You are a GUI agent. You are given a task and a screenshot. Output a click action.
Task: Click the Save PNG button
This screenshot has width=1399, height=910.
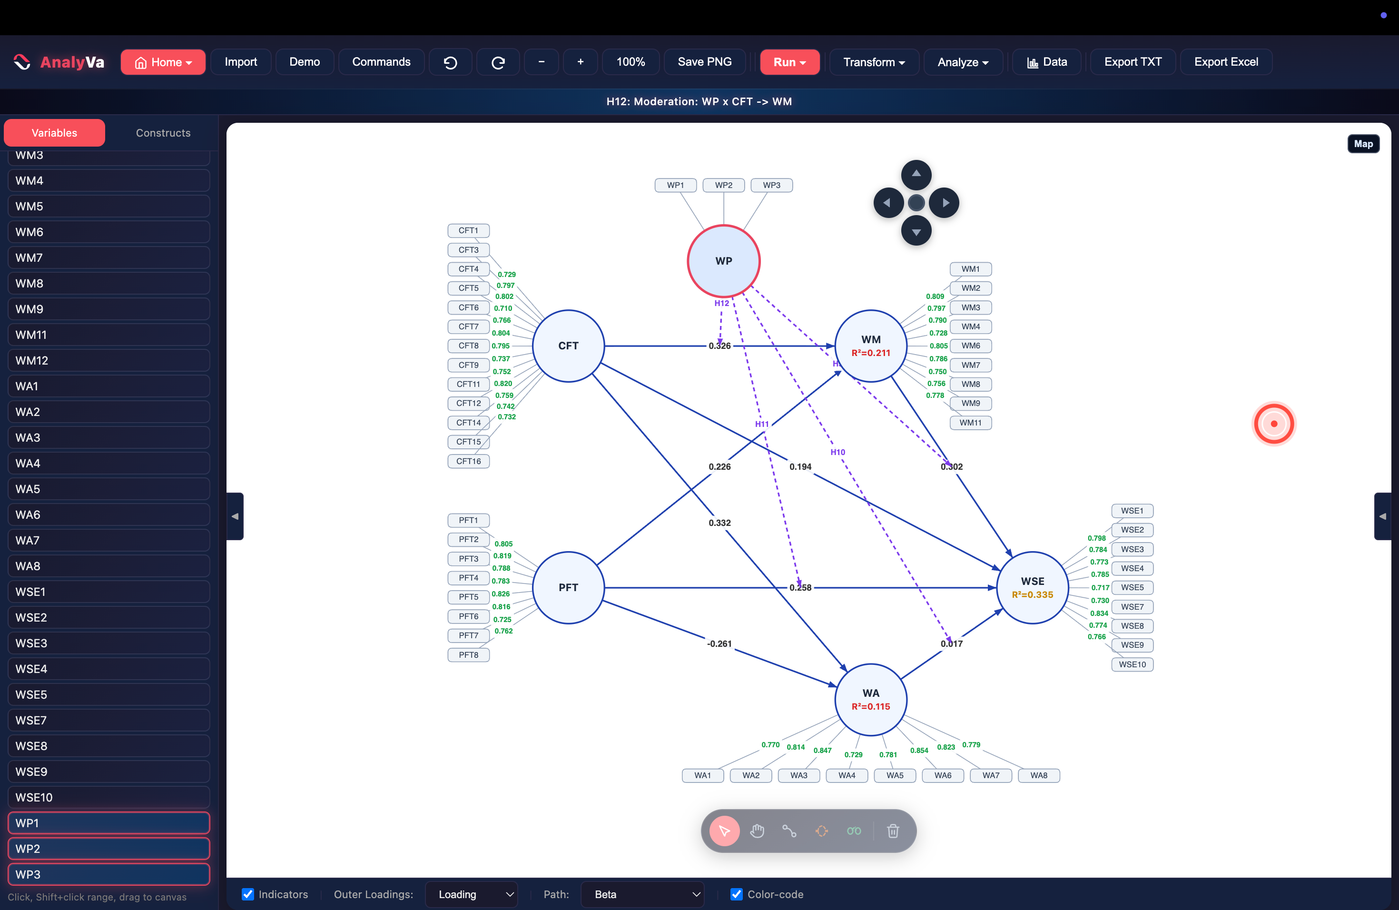click(x=704, y=62)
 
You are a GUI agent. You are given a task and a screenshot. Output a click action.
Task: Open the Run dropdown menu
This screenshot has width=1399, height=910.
click(x=789, y=62)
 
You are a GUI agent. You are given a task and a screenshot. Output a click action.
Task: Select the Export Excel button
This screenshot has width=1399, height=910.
click(x=1226, y=62)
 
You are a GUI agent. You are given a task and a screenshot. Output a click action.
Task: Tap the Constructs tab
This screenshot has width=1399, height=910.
click(x=163, y=133)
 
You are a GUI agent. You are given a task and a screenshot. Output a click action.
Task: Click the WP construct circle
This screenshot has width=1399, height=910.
click(x=724, y=261)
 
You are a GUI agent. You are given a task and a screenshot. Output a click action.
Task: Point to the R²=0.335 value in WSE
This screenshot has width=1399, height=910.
click(x=1032, y=594)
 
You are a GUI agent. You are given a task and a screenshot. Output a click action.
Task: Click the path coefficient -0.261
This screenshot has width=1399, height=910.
click(x=719, y=643)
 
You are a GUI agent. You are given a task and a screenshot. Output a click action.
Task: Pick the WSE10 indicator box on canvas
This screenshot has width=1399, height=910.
click(x=1132, y=664)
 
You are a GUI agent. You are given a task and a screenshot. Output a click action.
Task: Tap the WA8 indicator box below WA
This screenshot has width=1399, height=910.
click(x=1039, y=775)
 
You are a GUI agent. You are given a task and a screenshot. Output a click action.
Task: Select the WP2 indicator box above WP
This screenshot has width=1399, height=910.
click(x=724, y=185)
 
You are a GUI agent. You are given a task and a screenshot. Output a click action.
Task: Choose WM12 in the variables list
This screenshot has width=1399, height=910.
click(x=109, y=360)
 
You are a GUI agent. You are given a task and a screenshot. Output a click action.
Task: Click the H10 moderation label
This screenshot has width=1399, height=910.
click(x=837, y=452)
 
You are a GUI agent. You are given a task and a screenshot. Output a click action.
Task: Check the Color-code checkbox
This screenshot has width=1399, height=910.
click(x=737, y=894)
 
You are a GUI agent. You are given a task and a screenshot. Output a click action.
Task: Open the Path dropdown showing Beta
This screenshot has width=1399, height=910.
click(x=642, y=894)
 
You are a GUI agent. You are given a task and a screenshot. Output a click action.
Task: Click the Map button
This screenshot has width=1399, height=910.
click(x=1363, y=144)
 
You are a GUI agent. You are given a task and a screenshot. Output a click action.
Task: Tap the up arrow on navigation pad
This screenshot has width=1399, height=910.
click(x=916, y=175)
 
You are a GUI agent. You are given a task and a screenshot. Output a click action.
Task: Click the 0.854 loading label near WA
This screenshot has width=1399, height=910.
click(x=919, y=750)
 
